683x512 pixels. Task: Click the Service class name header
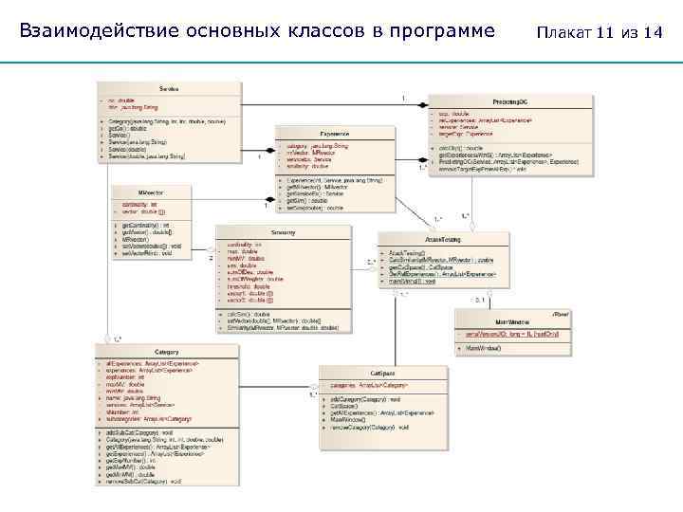coord(169,88)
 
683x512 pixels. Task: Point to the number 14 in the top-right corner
coord(652,33)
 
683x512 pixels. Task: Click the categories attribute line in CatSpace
coord(376,386)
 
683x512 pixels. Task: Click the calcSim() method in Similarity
coord(248,312)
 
